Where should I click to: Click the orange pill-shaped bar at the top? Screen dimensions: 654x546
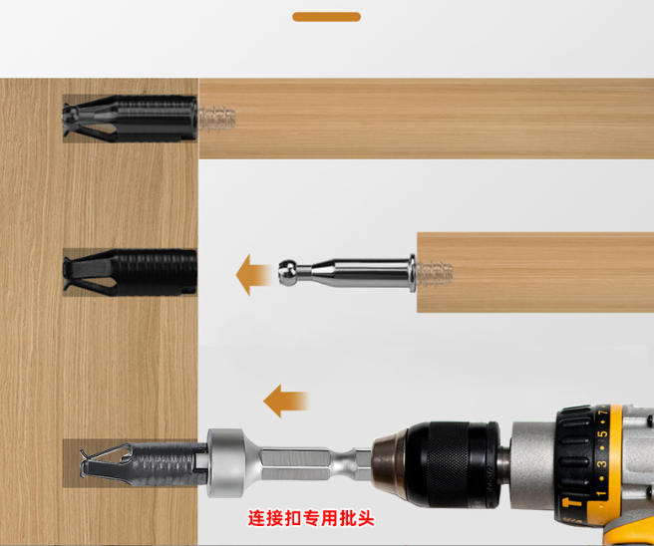click(327, 17)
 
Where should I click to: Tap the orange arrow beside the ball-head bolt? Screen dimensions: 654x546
click(253, 275)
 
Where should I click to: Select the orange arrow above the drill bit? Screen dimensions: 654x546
click(286, 401)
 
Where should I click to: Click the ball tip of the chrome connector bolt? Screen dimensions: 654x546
click(287, 273)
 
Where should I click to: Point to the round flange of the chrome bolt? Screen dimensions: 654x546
click(412, 273)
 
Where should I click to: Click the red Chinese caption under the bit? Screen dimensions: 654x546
click(311, 518)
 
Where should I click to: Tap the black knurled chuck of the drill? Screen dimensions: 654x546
click(453, 464)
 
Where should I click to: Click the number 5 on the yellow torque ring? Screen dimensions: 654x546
click(602, 434)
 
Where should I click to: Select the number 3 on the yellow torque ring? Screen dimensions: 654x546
click(602, 464)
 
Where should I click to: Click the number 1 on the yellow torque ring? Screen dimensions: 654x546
click(601, 494)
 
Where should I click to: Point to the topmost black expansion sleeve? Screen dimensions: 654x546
click(130, 119)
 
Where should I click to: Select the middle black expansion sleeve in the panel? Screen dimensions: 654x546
click(130, 273)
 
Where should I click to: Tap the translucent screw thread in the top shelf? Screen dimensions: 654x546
click(217, 119)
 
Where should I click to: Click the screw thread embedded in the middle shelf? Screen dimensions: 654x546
click(435, 273)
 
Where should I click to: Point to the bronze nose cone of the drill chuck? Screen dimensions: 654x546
click(389, 463)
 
